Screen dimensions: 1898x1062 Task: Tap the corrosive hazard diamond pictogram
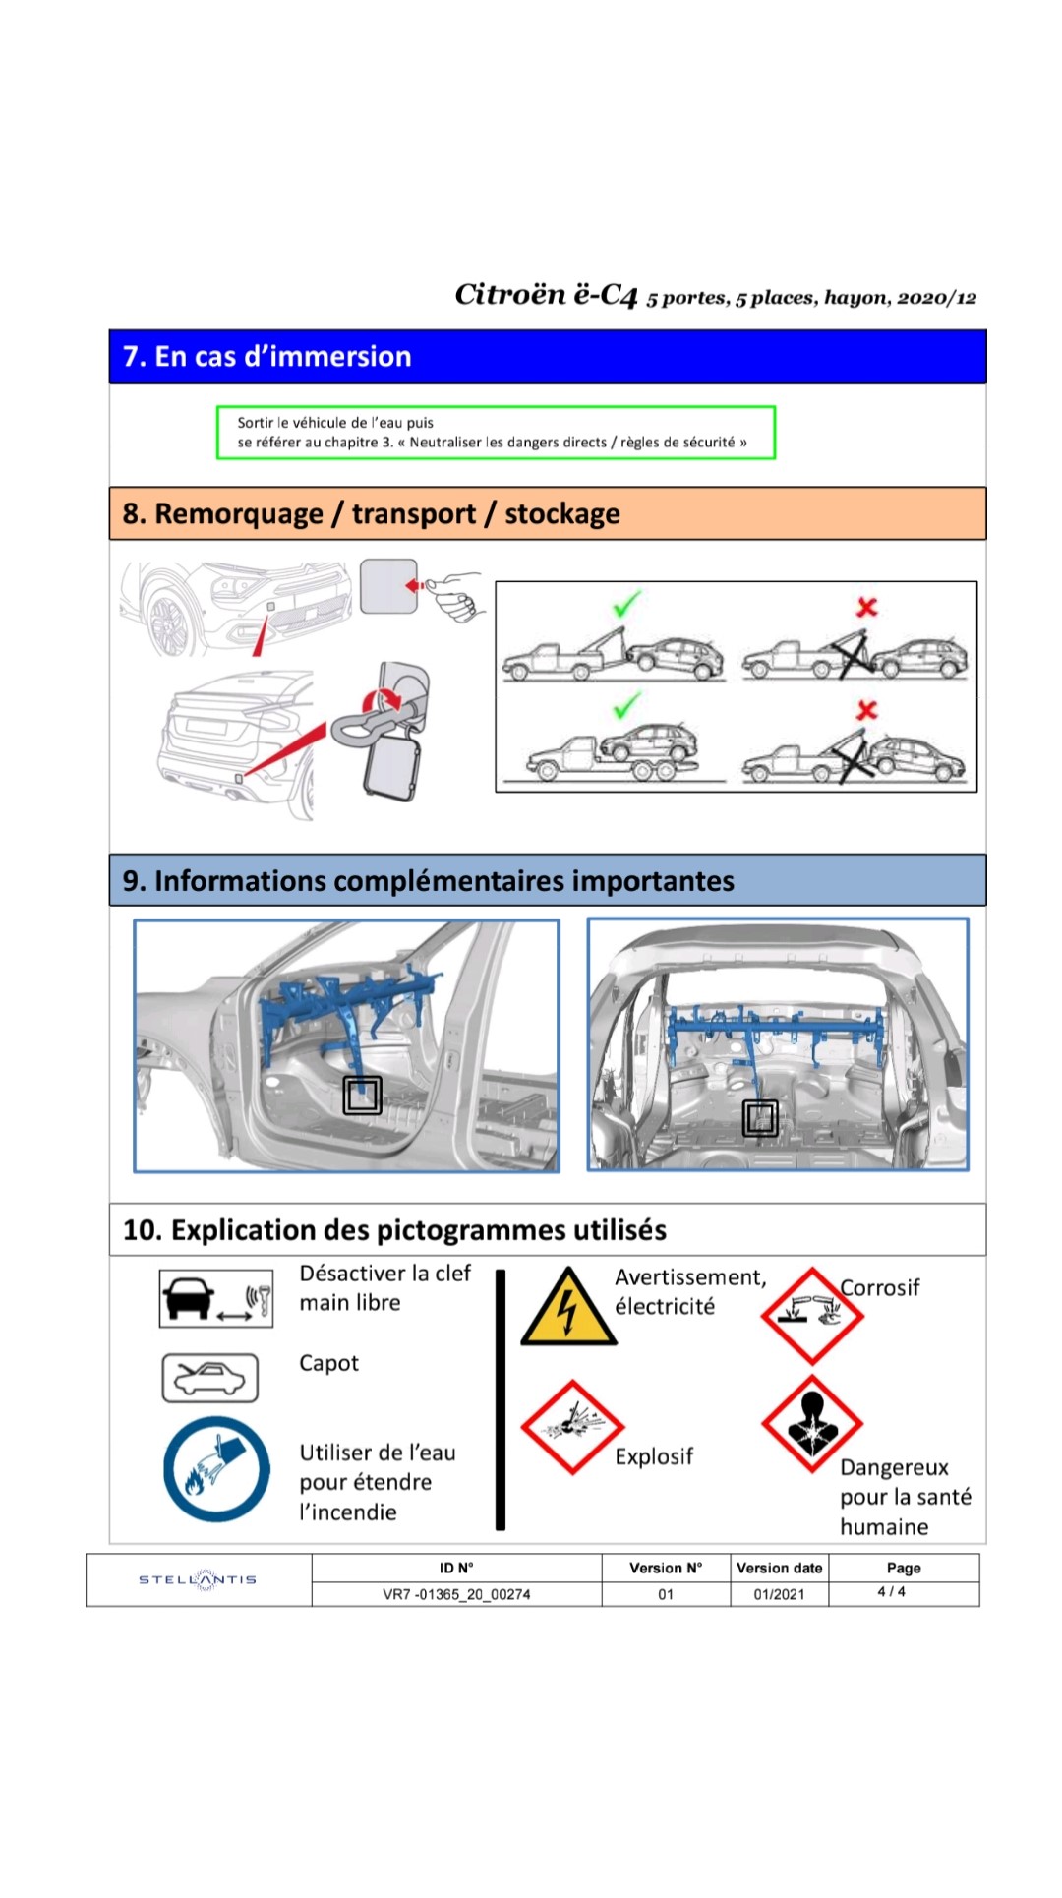pyautogui.click(x=811, y=1315)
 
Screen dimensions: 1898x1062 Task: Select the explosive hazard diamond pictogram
pyautogui.click(x=572, y=1426)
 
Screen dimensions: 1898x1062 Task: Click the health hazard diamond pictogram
pyautogui.click(x=811, y=1423)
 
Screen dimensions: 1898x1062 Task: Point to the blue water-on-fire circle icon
pyautogui.click(x=216, y=1469)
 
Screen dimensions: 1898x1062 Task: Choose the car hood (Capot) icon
pyautogui.click(x=209, y=1378)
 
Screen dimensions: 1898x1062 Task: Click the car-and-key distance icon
pyautogui.click(x=216, y=1298)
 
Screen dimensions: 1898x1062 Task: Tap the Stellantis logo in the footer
pyautogui.click(x=198, y=1579)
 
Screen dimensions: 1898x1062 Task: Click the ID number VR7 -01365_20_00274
pyautogui.click(x=456, y=1594)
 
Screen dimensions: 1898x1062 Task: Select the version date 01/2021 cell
pyautogui.click(x=779, y=1594)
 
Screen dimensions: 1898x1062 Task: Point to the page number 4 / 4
pyautogui.click(x=891, y=1591)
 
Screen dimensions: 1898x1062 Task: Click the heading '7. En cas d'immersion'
pyautogui.click(x=266, y=356)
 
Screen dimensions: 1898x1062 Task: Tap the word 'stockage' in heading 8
pyautogui.click(x=561, y=513)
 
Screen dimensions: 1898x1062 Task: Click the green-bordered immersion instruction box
pyautogui.click(x=496, y=433)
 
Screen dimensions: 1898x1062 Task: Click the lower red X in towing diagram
pyautogui.click(x=866, y=709)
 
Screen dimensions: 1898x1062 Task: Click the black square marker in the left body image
pyautogui.click(x=362, y=1095)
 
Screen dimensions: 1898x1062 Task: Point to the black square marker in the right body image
pyautogui.click(x=760, y=1117)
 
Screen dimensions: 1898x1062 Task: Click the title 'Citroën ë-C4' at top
pyautogui.click(x=546, y=294)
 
